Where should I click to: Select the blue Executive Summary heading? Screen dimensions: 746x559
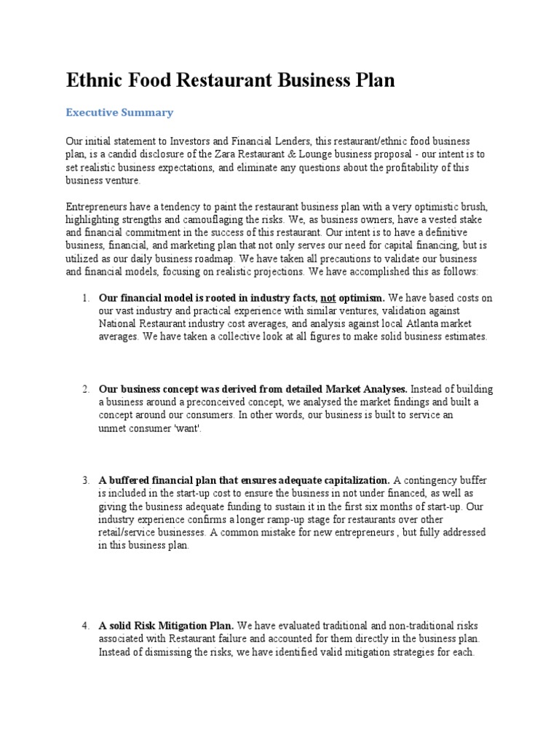pos(119,112)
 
